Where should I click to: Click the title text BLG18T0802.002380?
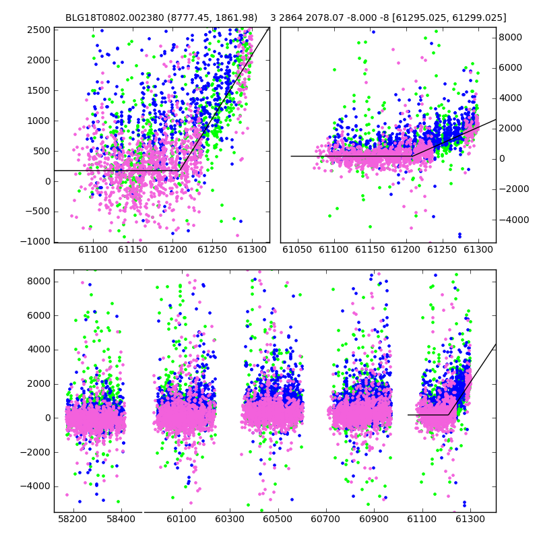click(115, 18)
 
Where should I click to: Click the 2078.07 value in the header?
click(320, 18)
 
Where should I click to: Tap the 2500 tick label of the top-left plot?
click(38, 30)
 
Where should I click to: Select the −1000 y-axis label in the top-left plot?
click(36, 242)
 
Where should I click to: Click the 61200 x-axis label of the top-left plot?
click(172, 249)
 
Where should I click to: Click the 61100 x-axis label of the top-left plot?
click(93, 249)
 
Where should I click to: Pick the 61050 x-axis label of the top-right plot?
click(297, 249)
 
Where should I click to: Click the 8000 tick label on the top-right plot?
click(510, 38)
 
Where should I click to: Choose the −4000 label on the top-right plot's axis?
click(513, 220)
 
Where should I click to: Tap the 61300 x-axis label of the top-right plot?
click(478, 249)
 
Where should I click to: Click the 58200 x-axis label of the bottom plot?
click(72, 519)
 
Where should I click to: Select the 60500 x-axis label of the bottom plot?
click(278, 519)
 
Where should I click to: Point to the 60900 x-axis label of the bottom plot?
click(374, 519)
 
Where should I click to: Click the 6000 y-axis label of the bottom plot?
click(38, 315)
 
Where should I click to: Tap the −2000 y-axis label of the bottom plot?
click(36, 452)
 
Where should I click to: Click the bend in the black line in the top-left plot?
click(179, 170)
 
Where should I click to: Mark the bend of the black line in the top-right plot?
click(412, 156)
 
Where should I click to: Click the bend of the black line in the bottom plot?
click(448, 415)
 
